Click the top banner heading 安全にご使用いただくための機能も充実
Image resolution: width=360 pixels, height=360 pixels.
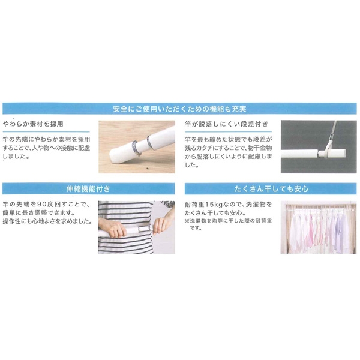pos(180,109)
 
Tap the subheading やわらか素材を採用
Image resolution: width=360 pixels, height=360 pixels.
pos(33,124)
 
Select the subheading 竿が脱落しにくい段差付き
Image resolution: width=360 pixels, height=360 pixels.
pos(227,124)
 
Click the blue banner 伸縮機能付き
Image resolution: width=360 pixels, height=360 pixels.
pos(88,189)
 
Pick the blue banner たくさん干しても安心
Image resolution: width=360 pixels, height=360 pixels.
pos(271,189)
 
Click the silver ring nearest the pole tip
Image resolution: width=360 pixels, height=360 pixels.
pos(135,148)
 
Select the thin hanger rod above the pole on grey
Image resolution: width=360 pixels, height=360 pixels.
pos(332,133)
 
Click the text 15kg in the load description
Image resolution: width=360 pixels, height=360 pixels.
pos(211,204)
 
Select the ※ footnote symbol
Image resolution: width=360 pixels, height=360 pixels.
pos(187,221)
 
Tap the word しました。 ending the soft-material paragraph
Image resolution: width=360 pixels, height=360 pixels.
pos(16,157)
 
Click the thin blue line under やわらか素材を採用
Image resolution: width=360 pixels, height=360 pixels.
pos(46,132)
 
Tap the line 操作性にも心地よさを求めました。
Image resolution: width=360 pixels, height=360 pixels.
pos(47,221)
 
